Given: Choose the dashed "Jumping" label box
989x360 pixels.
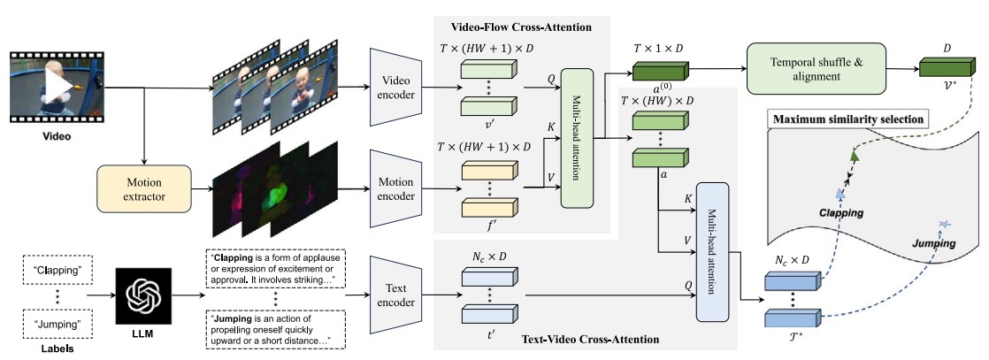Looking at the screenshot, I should point(53,325).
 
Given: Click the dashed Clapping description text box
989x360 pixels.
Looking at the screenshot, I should point(276,269).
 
